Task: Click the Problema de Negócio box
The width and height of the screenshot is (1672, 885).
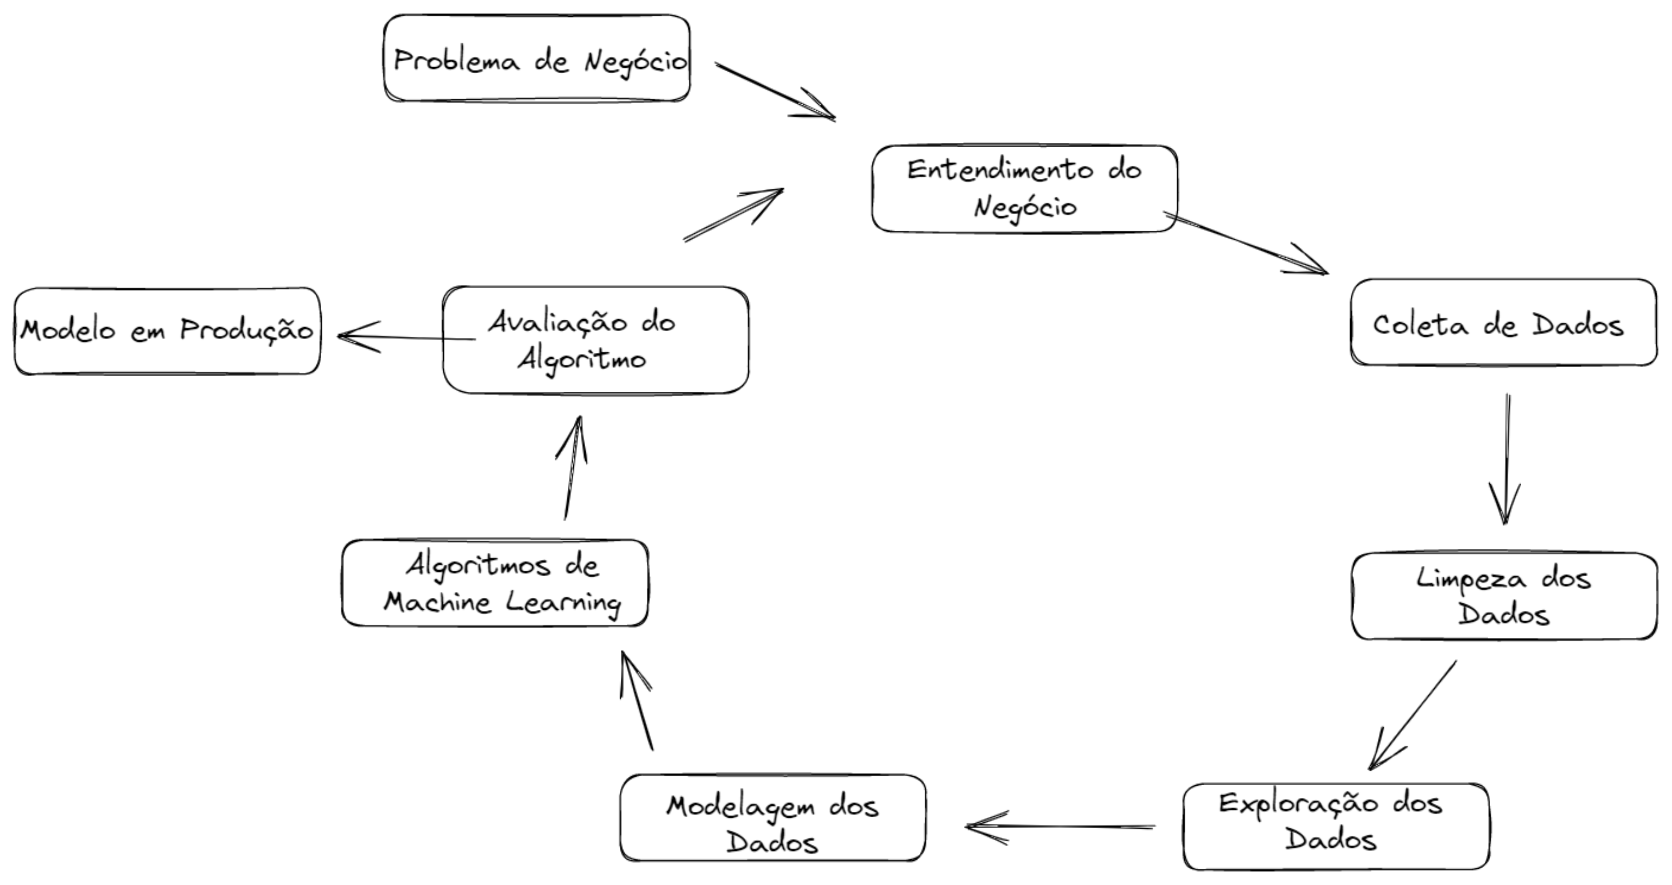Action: [536, 58]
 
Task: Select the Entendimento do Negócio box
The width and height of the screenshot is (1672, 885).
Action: [1024, 188]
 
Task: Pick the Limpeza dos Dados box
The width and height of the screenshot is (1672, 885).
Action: [1504, 595]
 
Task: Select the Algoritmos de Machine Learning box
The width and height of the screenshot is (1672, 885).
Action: [495, 583]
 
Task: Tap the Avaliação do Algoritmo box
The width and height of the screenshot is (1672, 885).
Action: [595, 340]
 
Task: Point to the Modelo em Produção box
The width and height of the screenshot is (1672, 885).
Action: [167, 331]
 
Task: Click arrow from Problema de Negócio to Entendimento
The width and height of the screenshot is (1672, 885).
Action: [775, 91]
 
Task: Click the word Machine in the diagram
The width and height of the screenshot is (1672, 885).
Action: [436, 603]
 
